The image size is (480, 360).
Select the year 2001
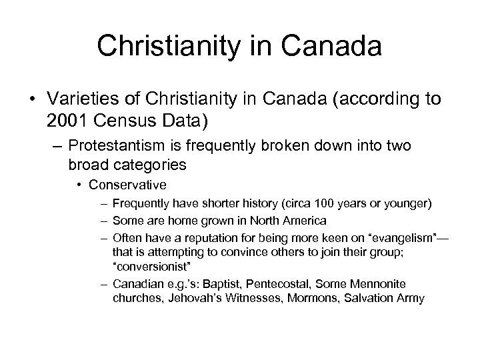tap(67, 122)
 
